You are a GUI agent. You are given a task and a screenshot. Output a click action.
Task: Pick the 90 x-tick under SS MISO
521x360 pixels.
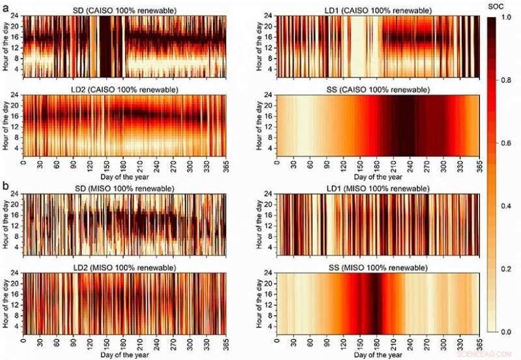point(327,340)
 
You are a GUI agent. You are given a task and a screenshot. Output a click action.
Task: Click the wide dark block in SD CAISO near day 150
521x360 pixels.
point(104,44)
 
